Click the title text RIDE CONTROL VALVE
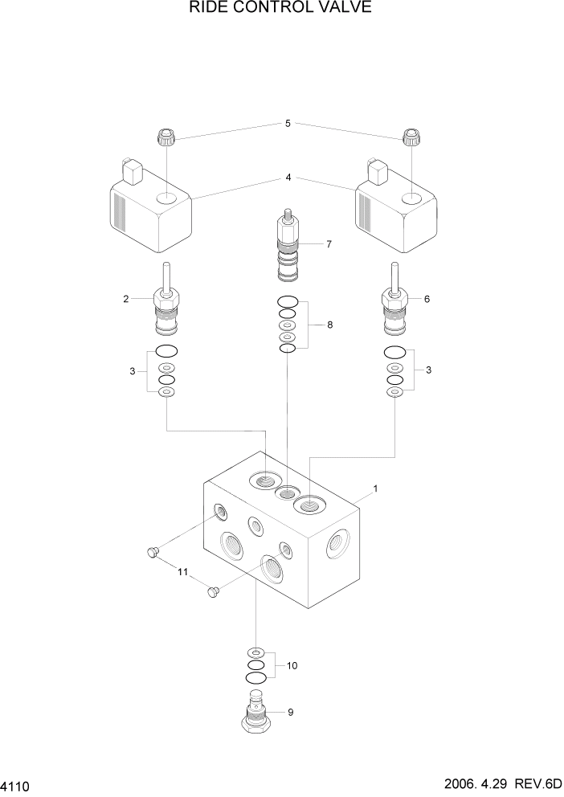280,9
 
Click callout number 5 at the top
288,124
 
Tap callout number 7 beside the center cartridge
329,243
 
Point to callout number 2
126,299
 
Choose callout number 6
427,299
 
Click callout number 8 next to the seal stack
329,325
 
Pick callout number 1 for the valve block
374,488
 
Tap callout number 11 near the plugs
182,572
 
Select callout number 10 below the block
292,665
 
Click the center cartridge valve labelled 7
288,248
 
